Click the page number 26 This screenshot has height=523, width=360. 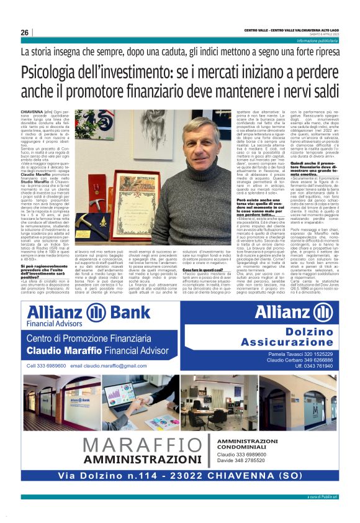pos(25,32)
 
